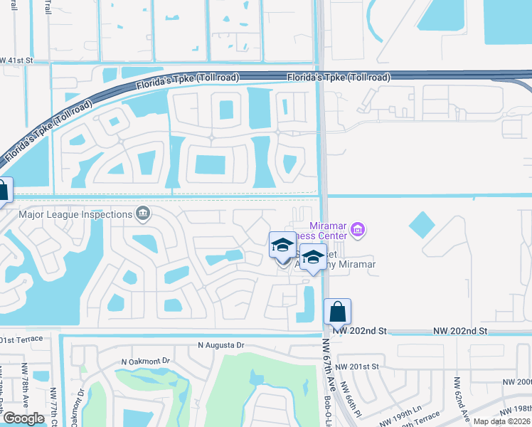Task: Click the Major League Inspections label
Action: click(x=76, y=213)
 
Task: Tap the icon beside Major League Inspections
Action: click(x=143, y=213)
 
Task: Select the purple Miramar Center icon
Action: click(x=358, y=230)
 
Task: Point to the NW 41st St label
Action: click(x=17, y=61)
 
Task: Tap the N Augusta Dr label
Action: click(x=220, y=345)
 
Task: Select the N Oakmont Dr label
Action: click(x=146, y=361)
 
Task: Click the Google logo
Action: click(x=23, y=418)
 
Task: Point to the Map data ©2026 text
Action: click(x=501, y=421)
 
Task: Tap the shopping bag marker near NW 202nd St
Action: click(x=337, y=311)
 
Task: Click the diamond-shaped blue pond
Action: click(x=421, y=226)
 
